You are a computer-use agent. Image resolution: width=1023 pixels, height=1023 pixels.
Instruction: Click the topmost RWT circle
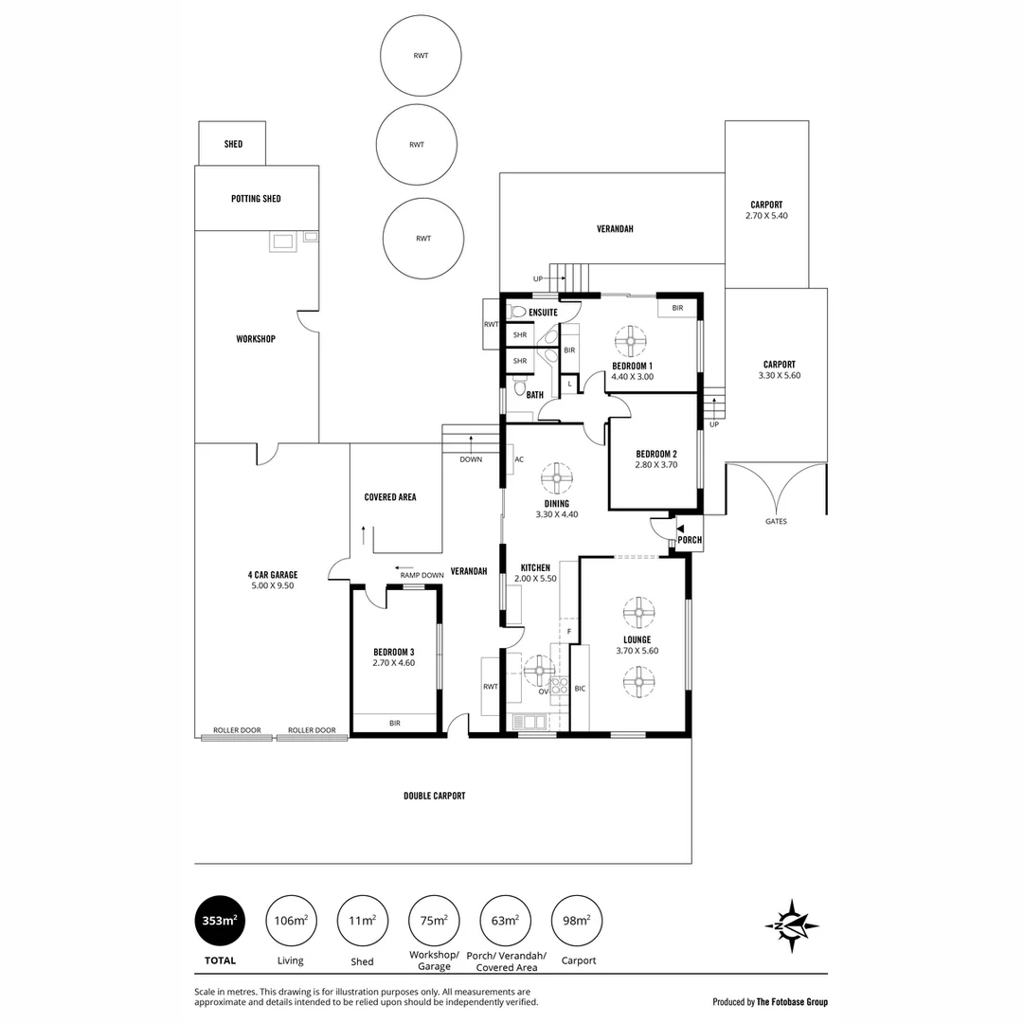click(421, 56)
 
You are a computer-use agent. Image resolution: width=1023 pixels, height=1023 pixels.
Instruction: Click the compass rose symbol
click(792, 924)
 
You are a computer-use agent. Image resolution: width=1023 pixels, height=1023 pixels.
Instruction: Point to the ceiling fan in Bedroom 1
click(630, 340)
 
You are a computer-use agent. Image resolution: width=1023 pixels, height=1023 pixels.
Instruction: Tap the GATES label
click(776, 521)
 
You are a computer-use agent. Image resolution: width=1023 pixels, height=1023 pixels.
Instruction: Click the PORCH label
click(691, 541)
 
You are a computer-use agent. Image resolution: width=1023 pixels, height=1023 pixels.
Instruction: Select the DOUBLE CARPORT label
click(435, 797)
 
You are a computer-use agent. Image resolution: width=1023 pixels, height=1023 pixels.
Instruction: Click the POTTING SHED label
click(256, 199)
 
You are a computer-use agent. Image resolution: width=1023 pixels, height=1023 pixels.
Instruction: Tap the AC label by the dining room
click(518, 459)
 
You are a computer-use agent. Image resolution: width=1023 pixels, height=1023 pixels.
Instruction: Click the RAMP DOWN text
click(422, 575)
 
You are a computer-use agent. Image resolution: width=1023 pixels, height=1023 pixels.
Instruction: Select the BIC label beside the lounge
click(581, 689)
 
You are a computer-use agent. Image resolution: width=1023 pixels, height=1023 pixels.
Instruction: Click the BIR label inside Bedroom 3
click(395, 723)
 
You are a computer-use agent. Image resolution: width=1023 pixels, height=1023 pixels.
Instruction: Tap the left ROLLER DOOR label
click(237, 730)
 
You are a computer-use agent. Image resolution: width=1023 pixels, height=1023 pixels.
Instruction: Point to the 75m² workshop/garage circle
click(434, 920)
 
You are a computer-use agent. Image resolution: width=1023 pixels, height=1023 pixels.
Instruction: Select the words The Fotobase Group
click(792, 1001)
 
